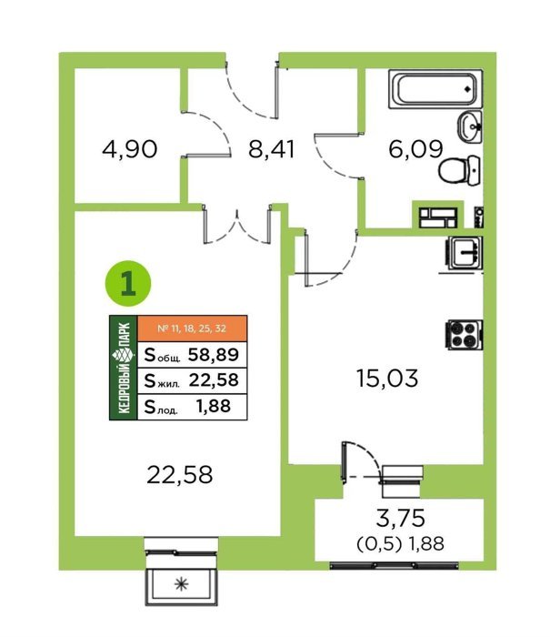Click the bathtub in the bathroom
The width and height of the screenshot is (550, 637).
click(435, 89)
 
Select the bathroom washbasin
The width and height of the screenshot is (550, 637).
click(470, 126)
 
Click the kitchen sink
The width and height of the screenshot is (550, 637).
click(465, 253)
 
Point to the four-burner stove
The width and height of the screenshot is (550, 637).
click(465, 334)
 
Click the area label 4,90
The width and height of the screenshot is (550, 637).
click(129, 149)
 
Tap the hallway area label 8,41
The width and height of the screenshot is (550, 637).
click(271, 149)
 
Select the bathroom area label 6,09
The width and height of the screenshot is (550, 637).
click(415, 149)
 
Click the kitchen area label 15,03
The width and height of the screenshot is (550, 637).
click(387, 378)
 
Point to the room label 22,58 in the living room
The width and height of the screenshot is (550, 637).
click(179, 474)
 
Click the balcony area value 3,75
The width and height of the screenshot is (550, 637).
click(401, 518)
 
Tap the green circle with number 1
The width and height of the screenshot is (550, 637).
click(128, 283)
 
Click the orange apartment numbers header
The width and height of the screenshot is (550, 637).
click(193, 329)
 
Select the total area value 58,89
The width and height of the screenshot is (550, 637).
click(214, 355)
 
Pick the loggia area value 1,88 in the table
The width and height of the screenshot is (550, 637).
click(214, 406)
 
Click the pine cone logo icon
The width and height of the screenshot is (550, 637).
click(124, 356)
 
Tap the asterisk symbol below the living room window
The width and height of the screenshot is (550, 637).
click(182, 584)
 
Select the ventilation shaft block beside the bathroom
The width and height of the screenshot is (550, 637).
click(438, 217)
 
